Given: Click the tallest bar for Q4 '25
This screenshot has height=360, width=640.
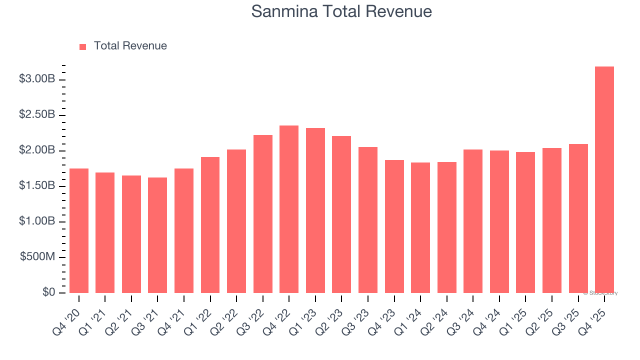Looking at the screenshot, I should (604, 179).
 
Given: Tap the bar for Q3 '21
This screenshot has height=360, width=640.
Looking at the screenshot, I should (157, 235).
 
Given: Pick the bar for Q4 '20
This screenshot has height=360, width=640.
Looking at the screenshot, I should (79, 230).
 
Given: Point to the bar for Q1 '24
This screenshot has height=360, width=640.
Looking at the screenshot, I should (420, 227).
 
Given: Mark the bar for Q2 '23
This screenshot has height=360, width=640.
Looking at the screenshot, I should (341, 214).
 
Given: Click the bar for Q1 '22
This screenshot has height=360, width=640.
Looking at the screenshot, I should (210, 225).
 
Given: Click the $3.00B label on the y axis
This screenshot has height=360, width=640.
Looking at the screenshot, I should (37, 79).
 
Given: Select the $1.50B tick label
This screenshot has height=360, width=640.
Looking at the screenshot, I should (37, 186).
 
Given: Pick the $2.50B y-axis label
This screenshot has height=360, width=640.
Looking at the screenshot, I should (37, 115).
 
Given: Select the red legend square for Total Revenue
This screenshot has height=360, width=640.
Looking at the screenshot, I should (83, 46).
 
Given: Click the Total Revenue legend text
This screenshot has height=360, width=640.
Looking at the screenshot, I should (130, 46).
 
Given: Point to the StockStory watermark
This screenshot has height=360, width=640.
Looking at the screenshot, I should (600, 293).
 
